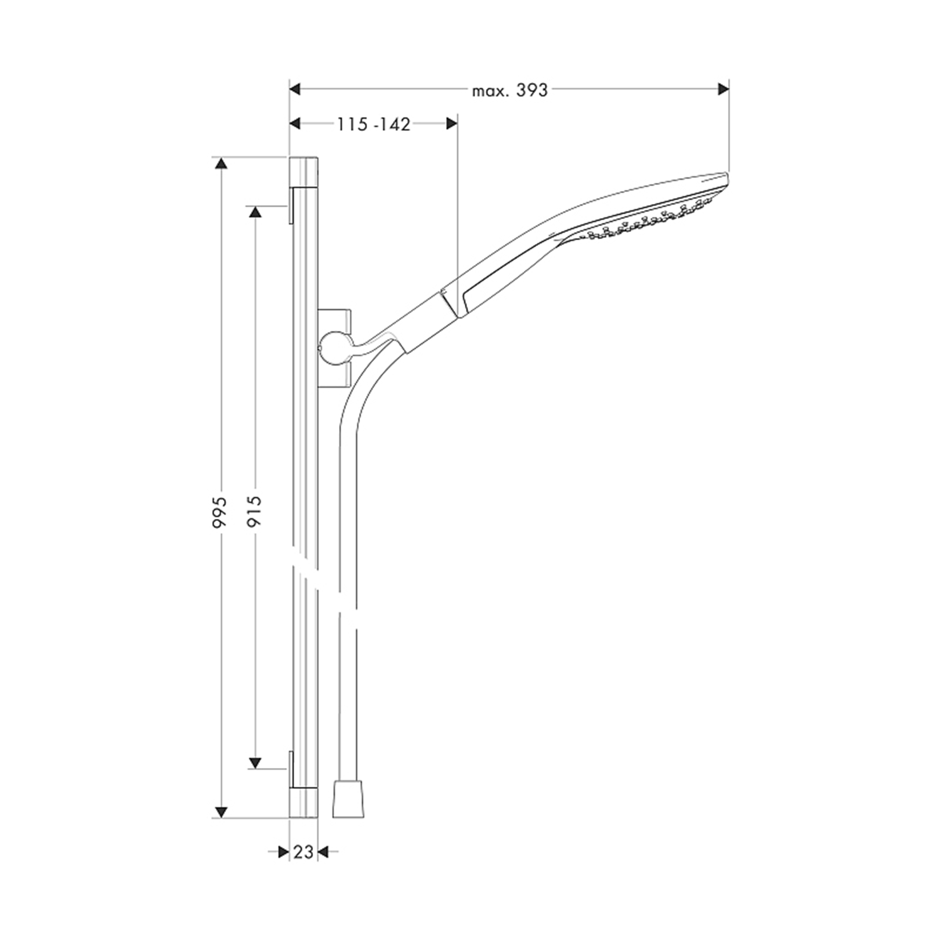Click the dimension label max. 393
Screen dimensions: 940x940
509,91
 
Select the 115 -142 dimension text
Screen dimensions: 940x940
374,125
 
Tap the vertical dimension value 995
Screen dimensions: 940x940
220,512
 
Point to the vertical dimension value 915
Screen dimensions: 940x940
254,511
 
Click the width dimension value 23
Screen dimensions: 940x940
303,852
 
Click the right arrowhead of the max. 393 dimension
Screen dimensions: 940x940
724,89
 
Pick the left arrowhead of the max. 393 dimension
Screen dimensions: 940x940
295,89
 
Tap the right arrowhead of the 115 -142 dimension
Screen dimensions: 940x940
452,123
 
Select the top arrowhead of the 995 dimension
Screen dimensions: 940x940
221,164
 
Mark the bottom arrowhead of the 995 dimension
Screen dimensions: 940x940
221,812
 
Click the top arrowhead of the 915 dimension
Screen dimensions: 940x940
255,211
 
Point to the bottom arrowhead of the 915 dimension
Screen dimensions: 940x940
255,762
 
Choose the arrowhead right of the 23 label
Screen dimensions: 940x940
323,852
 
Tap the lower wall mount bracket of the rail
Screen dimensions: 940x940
291,769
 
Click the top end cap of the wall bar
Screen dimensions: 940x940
304,172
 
